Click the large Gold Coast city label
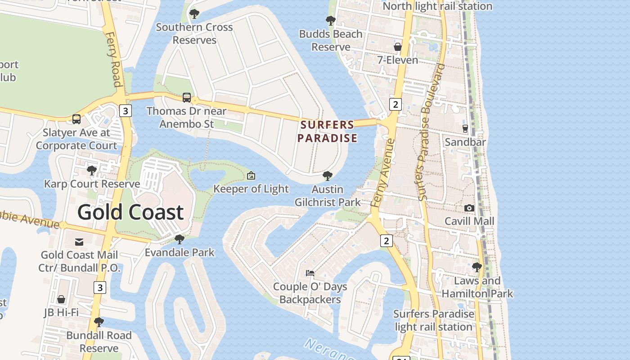click(x=130, y=212)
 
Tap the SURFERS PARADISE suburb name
click(x=327, y=131)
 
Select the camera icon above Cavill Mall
click(x=469, y=208)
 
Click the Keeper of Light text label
click(x=251, y=189)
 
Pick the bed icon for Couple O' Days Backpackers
click(x=310, y=273)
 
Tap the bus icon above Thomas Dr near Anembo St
click(x=186, y=97)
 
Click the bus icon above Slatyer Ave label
click(x=76, y=119)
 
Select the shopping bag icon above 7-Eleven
click(x=398, y=46)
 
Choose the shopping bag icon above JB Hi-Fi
click(x=61, y=299)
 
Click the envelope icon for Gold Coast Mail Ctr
click(x=79, y=242)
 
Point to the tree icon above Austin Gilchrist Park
click(x=328, y=176)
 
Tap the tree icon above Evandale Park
click(x=179, y=239)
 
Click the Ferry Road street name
click(x=114, y=58)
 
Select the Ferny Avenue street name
click(x=383, y=173)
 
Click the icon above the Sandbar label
click(x=465, y=129)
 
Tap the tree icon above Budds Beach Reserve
click(x=330, y=21)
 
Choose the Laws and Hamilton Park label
click(x=477, y=287)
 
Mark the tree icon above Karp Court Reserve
click(x=92, y=171)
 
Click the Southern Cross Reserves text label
click(x=194, y=33)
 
